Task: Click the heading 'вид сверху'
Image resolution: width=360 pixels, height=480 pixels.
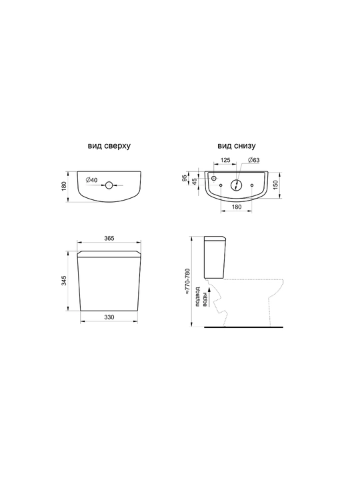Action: click(x=109, y=146)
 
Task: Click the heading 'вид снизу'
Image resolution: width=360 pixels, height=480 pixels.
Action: click(x=236, y=146)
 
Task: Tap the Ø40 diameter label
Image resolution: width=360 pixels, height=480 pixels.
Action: click(x=91, y=180)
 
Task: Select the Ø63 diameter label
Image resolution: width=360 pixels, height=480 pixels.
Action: click(x=254, y=160)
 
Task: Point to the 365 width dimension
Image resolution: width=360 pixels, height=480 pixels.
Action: click(x=109, y=238)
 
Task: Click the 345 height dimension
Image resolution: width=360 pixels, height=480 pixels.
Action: click(x=64, y=281)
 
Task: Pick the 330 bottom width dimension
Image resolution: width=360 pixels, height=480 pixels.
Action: click(x=109, y=317)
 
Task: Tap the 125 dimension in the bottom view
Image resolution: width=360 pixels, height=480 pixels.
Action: click(x=225, y=160)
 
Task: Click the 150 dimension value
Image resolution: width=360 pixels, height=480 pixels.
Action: click(x=275, y=185)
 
